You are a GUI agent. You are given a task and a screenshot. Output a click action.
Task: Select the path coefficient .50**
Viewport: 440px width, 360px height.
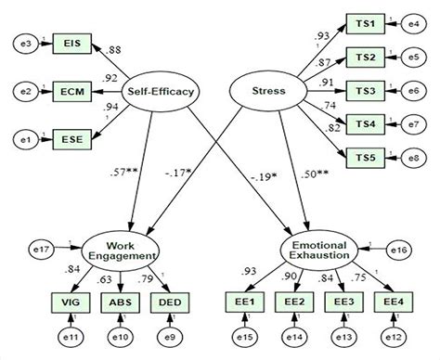[314, 173]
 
